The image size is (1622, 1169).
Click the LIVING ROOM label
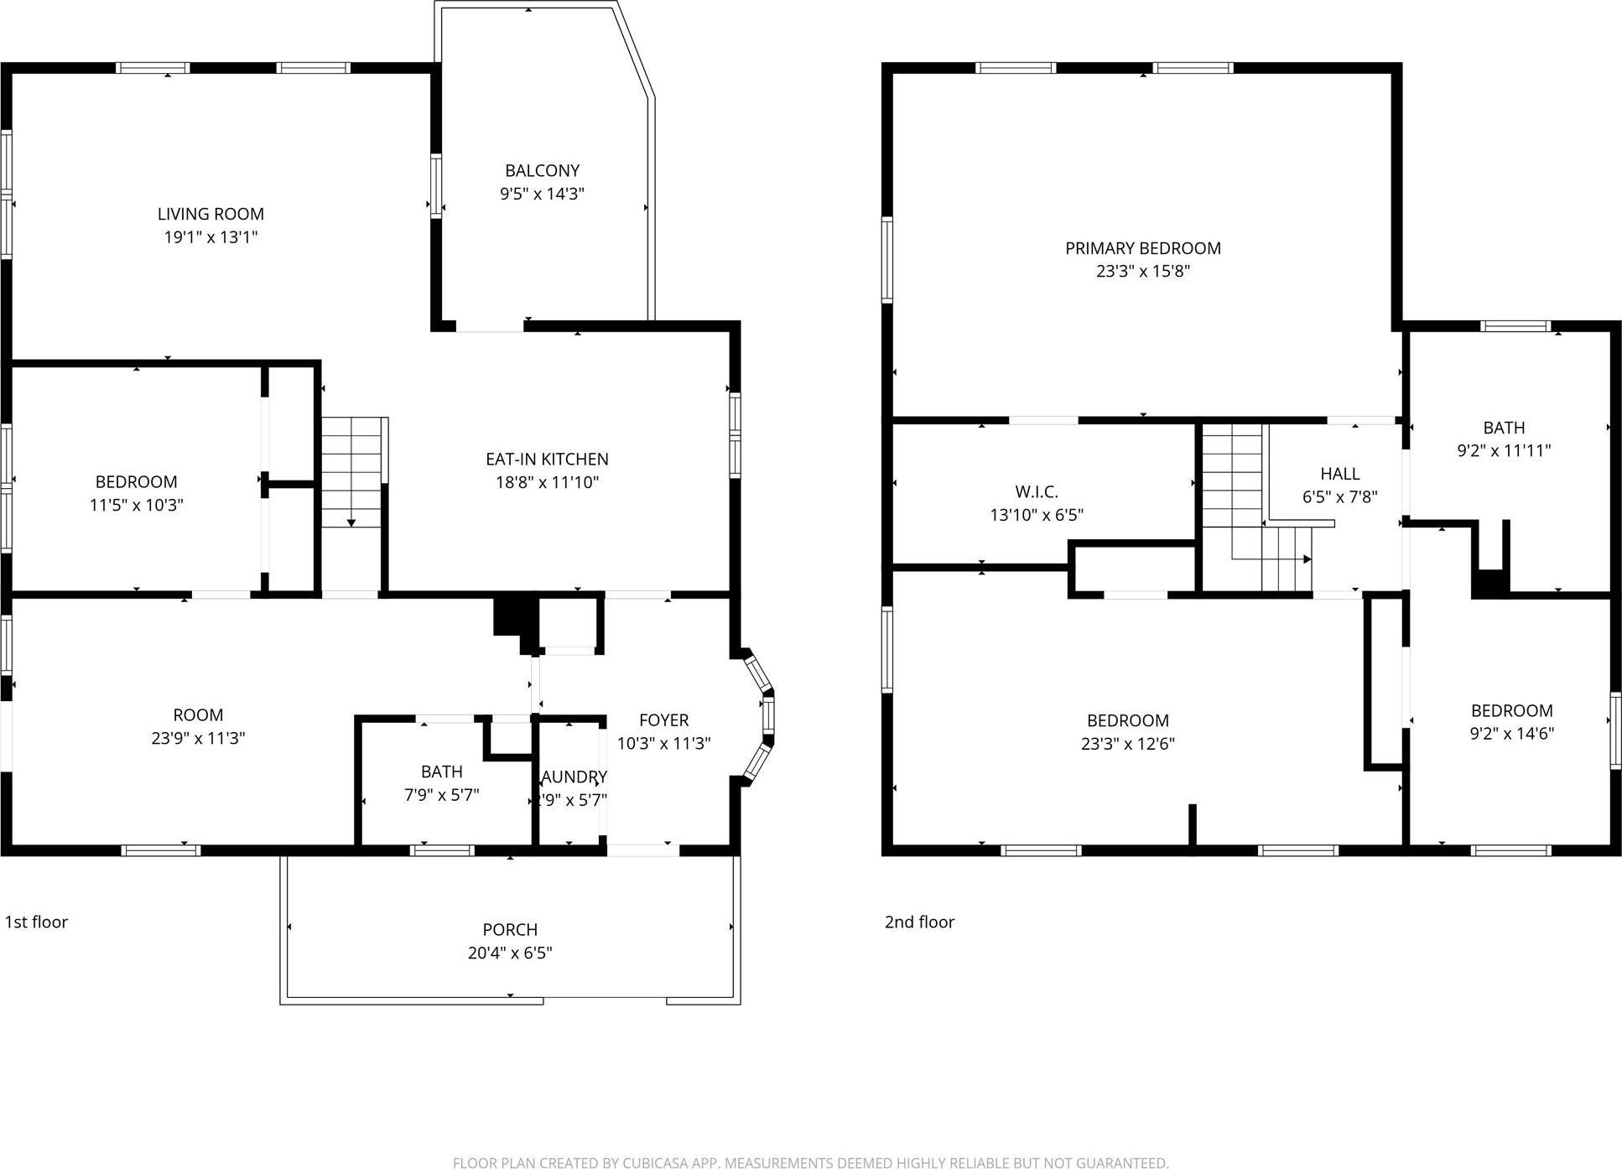[211, 214]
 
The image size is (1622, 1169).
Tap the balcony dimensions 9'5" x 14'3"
[542, 194]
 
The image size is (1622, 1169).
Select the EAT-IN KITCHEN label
[547, 459]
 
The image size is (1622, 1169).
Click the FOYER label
[663, 720]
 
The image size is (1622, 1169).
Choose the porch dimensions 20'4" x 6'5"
[510, 953]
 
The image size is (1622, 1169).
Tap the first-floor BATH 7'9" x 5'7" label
[441, 772]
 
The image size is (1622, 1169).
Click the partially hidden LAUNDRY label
[574, 777]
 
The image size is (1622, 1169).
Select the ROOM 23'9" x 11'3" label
[198, 715]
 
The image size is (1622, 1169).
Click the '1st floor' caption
[36, 922]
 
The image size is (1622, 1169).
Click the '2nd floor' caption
[919, 922]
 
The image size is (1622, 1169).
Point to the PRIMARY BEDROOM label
[1142, 248]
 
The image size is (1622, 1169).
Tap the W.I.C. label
[1037, 491]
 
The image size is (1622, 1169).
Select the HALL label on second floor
[1339, 474]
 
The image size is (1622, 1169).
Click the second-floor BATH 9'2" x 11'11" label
[1503, 428]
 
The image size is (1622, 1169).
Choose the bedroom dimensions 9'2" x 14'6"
[1511, 733]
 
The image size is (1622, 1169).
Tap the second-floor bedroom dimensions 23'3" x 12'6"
[1127, 744]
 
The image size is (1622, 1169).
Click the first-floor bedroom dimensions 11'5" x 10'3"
[136, 505]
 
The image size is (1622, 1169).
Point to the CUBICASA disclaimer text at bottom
[810, 1162]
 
